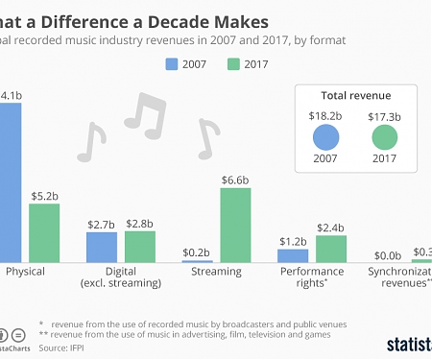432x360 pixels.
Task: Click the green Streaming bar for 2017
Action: click(236, 225)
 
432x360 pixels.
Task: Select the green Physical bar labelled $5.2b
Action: click(44, 233)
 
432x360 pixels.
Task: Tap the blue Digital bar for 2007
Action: click(101, 247)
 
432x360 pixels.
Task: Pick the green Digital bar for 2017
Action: click(139, 247)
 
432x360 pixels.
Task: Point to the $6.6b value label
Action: click(236, 179)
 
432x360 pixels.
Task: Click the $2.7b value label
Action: click(101, 223)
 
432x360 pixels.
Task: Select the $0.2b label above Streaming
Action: click(198, 252)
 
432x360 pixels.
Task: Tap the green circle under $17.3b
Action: click(384, 139)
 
